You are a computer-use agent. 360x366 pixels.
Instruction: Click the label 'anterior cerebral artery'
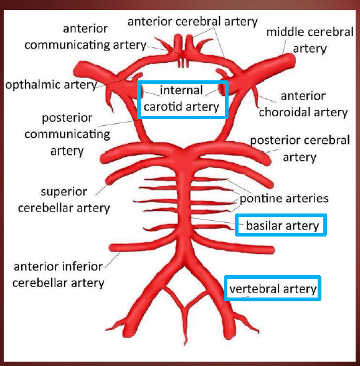click(x=192, y=22)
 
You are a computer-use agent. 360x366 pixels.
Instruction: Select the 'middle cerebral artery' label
click(x=310, y=40)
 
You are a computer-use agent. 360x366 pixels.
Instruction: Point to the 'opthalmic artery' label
click(x=50, y=84)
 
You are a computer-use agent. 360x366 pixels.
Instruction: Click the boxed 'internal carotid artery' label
click(x=182, y=98)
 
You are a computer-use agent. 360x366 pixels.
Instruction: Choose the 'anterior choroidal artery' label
click(x=303, y=104)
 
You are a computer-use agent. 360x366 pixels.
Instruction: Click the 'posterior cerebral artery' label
click(x=300, y=149)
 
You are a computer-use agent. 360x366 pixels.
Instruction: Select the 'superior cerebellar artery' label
click(x=64, y=199)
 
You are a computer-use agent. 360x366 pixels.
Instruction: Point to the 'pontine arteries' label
click(x=284, y=199)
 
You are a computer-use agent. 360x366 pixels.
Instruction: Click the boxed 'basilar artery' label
click(x=282, y=225)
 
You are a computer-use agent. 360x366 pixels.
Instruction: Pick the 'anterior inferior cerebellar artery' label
click(x=59, y=275)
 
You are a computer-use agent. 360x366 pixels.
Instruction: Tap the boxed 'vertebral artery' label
click(x=273, y=289)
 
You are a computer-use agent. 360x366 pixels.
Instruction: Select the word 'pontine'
click(x=260, y=199)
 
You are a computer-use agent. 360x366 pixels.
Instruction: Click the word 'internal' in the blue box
click(x=181, y=90)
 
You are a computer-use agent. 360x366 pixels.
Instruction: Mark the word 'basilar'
click(x=264, y=225)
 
